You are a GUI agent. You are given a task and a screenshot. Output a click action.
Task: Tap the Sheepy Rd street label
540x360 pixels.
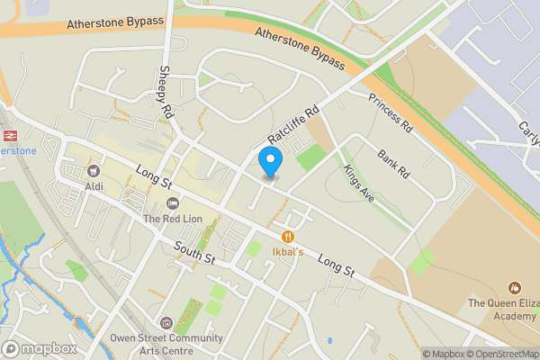click(166, 92)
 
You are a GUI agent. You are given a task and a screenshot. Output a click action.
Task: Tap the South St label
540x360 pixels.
click(195, 251)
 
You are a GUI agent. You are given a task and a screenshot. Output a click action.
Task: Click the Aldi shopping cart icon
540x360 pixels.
click(93, 170)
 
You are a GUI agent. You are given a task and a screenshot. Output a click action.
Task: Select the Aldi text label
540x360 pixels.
click(93, 186)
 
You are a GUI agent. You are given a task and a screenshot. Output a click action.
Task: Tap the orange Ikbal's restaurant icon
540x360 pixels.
click(289, 236)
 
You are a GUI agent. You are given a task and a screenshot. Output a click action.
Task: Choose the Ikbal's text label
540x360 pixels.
click(289, 252)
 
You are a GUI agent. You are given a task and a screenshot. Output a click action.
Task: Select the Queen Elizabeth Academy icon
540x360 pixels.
click(515, 288)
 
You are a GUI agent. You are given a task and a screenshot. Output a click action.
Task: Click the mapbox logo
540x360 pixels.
click(39, 348)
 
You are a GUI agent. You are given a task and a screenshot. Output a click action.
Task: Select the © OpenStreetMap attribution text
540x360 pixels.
click(501, 354)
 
